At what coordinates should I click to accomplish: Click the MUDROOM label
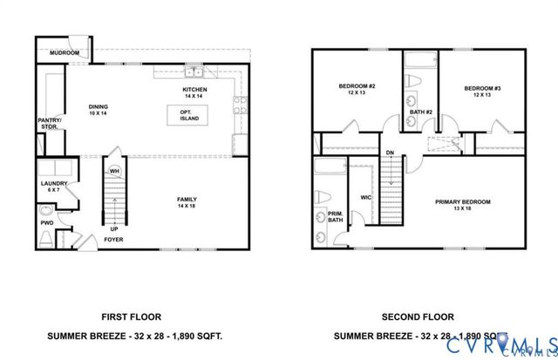coord(65,53)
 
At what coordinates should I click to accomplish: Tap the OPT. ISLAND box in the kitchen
coord(186,114)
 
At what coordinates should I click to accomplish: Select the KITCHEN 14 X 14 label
coord(194,92)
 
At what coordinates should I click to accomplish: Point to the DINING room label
coord(99,110)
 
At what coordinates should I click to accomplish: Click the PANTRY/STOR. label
coord(49,124)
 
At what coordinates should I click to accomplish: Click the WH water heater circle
coord(113,171)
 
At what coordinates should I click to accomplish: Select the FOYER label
coord(113,239)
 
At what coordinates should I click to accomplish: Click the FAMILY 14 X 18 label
coord(187,201)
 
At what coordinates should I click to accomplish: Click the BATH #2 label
coord(420,111)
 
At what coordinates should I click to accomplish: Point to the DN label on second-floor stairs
coord(391,153)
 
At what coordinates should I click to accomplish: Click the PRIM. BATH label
coord(335,218)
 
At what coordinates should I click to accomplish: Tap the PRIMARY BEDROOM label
coord(463,205)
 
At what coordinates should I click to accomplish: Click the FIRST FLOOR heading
coord(132,317)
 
